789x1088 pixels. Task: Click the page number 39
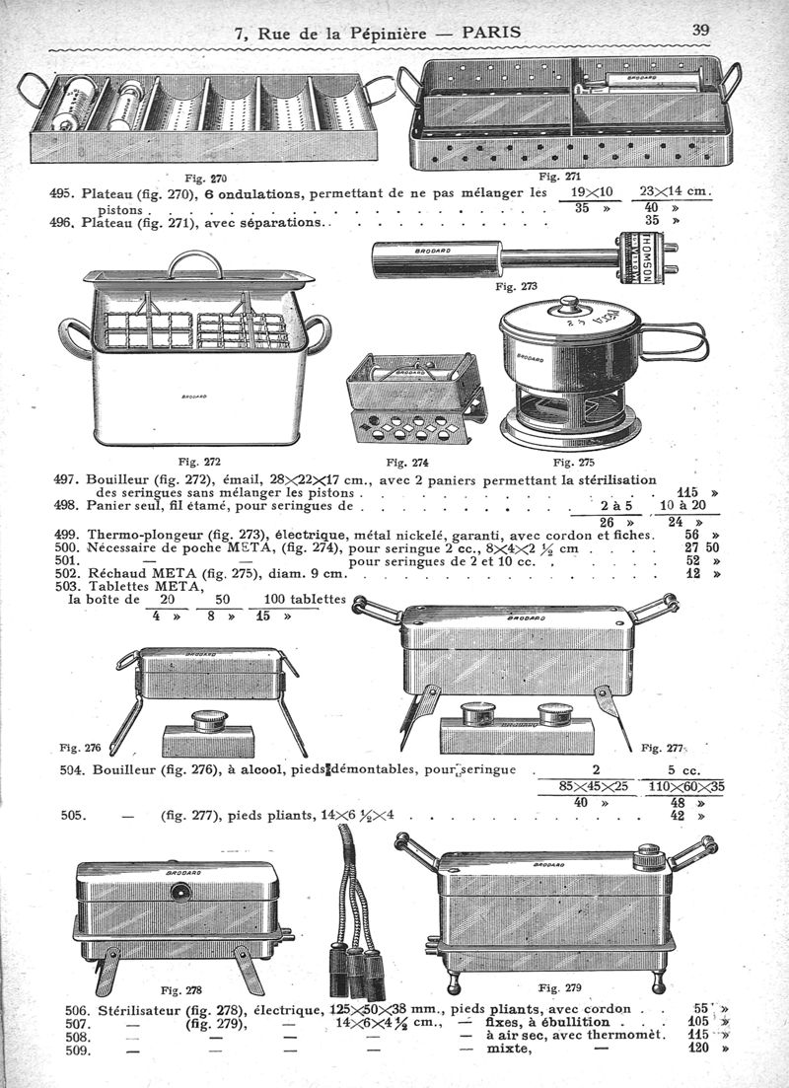pyautogui.click(x=701, y=29)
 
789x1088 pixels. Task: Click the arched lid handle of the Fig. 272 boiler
pyautogui.click(x=197, y=262)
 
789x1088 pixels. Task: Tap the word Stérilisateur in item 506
pyautogui.click(x=147, y=1010)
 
